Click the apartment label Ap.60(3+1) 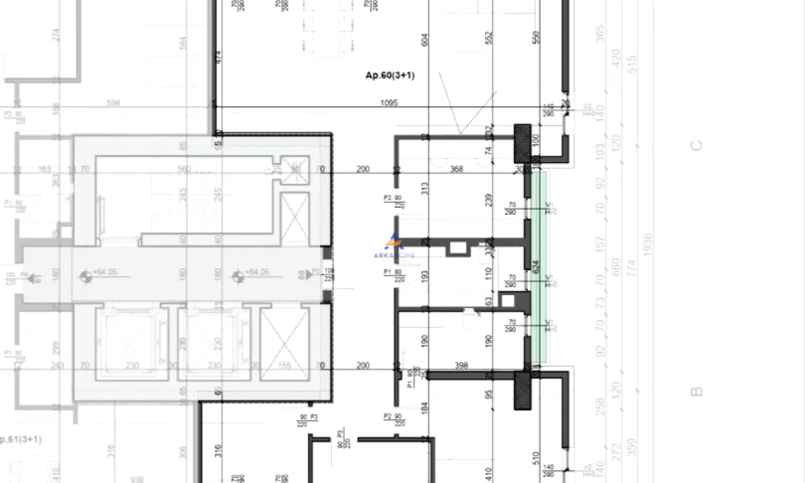point(390,76)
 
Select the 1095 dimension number point(389,103)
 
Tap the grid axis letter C point(697,145)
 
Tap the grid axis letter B point(697,391)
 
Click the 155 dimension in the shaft point(284,366)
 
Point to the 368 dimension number point(457,169)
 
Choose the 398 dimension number point(461,366)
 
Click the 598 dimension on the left point(113,103)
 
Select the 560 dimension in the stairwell point(184,169)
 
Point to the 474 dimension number point(217,57)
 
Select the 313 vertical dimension point(424,189)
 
